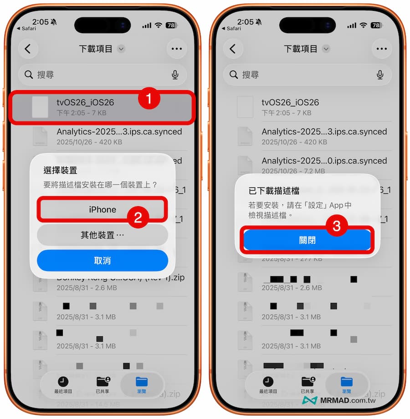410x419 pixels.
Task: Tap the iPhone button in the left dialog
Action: pyautogui.click(x=102, y=209)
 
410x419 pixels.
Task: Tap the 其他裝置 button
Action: pyautogui.click(x=102, y=235)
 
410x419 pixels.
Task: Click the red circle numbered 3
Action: pyautogui.click(x=336, y=226)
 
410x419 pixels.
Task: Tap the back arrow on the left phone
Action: pyautogui.click(x=28, y=49)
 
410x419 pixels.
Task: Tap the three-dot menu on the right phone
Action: pyautogui.click(x=382, y=49)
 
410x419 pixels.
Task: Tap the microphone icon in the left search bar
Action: pyautogui.click(x=175, y=75)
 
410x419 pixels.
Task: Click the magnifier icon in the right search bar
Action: pyautogui.click(x=234, y=75)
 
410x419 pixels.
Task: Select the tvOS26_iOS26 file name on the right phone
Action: pyautogui.click(x=290, y=103)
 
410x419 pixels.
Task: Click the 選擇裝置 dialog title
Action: pyautogui.click(x=60, y=170)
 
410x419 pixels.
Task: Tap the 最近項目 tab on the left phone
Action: pyautogui.click(x=63, y=384)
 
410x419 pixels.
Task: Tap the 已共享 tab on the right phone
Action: pyautogui.click(x=308, y=384)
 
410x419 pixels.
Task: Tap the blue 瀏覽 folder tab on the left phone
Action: pyautogui.click(x=142, y=384)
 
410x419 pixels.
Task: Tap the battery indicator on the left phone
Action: pyautogui.click(x=172, y=25)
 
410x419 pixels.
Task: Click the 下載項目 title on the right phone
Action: pyautogui.click(x=300, y=49)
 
